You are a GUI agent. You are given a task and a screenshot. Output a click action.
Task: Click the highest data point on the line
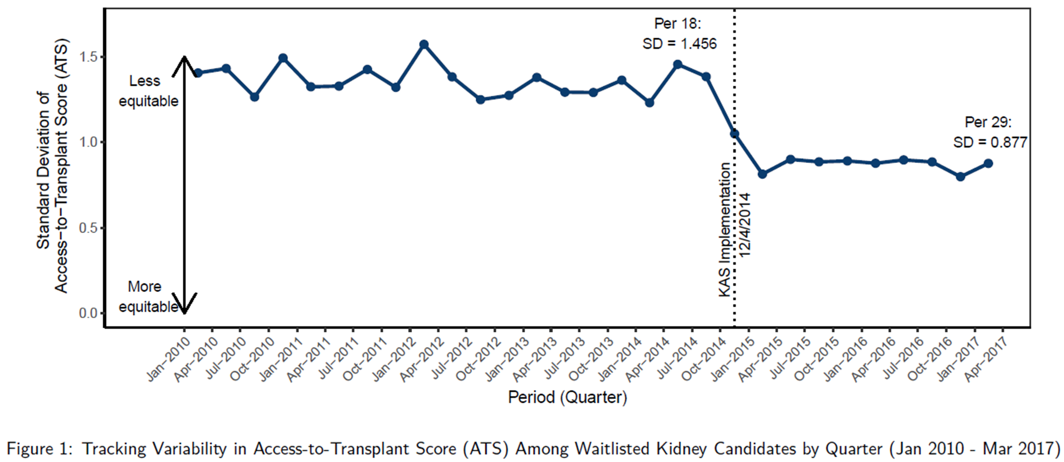coord(424,44)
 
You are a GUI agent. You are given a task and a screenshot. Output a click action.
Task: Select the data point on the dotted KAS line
coord(734,134)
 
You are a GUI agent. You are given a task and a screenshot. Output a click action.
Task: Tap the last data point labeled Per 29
coord(988,163)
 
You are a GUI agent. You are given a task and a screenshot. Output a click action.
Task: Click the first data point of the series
coord(198,73)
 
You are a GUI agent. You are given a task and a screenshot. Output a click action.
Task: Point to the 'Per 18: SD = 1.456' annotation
coord(679,33)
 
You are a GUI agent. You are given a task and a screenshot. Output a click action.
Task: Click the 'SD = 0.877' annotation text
coord(990,142)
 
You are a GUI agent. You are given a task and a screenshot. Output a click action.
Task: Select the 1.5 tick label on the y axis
coord(88,57)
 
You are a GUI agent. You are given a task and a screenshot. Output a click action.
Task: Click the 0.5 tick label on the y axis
coord(88,228)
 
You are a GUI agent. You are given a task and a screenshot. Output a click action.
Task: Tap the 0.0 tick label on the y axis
coord(88,313)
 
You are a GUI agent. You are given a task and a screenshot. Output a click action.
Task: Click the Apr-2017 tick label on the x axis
coord(985,360)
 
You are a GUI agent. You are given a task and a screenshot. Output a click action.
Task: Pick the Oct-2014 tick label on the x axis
coord(703,360)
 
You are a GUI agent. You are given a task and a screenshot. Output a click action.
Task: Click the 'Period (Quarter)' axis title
coord(567,397)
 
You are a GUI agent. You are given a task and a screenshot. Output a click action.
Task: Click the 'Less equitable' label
coord(148,91)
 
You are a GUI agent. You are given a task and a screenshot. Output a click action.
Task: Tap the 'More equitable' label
coord(148,297)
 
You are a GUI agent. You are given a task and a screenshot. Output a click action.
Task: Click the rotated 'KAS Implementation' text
coord(724,230)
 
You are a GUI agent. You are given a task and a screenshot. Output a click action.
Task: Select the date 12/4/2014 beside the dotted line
coord(745,225)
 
